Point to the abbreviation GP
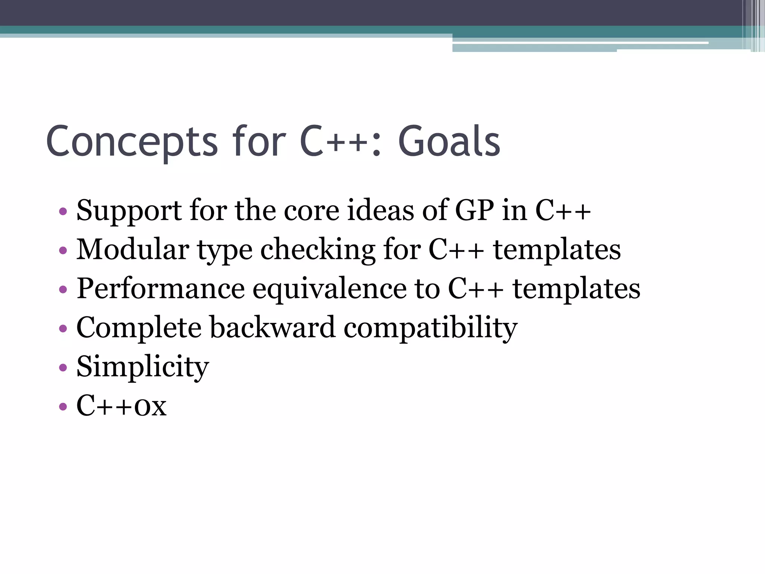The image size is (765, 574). tap(474, 210)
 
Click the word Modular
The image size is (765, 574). tap(133, 249)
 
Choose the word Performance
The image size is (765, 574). tap(161, 289)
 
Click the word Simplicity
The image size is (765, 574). tap(143, 367)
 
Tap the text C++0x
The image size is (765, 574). tap(121, 406)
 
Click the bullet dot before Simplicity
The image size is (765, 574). tap(63, 367)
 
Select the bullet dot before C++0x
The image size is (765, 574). tap(63, 406)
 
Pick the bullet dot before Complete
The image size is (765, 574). tap(63, 328)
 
